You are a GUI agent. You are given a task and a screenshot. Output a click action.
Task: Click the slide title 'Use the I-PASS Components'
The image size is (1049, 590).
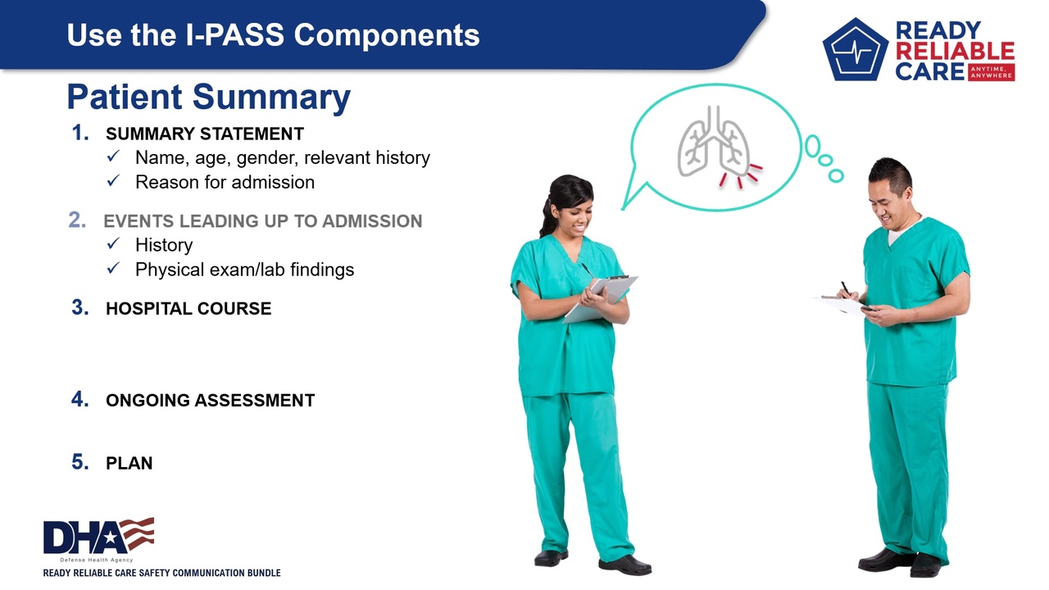(x=273, y=35)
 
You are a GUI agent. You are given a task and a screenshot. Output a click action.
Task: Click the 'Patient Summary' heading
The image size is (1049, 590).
(x=209, y=97)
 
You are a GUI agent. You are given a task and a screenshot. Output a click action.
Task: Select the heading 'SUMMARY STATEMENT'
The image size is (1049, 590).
(x=205, y=134)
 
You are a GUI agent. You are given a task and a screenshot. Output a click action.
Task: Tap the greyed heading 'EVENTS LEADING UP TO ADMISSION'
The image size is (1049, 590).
(x=263, y=221)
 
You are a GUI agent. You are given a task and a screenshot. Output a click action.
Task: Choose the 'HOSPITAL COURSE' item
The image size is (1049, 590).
(x=188, y=309)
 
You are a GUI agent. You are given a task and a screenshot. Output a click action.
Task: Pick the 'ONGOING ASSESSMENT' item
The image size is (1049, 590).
(x=211, y=401)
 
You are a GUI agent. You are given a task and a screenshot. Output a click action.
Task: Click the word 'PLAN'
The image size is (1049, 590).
(x=129, y=463)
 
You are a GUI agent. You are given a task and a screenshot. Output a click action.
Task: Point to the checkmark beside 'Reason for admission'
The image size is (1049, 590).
(x=113, y=180)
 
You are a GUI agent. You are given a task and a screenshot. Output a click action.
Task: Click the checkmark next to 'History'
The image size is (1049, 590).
(x=113, y=243)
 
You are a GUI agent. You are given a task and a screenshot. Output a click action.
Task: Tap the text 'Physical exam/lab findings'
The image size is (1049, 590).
(x=244, y=270)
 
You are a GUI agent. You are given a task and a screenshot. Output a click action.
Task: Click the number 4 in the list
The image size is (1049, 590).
(x=80, y=399)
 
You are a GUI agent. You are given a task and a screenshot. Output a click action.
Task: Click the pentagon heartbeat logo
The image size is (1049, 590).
(x=855, y=50)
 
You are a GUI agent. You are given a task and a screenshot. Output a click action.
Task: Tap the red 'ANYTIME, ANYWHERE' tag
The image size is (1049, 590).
(x=991, y=72)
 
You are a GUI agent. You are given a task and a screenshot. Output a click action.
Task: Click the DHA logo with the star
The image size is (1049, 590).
(x=98, y=536)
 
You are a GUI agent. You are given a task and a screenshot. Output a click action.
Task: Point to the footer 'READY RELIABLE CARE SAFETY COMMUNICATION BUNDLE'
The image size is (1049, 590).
(x=161, y=573)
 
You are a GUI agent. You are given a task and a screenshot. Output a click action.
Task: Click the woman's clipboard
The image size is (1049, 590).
(x=601, y=299)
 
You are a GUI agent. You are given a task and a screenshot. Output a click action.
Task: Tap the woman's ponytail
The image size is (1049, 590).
(x=546, y=216)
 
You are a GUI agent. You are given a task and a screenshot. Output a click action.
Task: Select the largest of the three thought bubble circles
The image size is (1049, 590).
(x=812, y=146)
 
